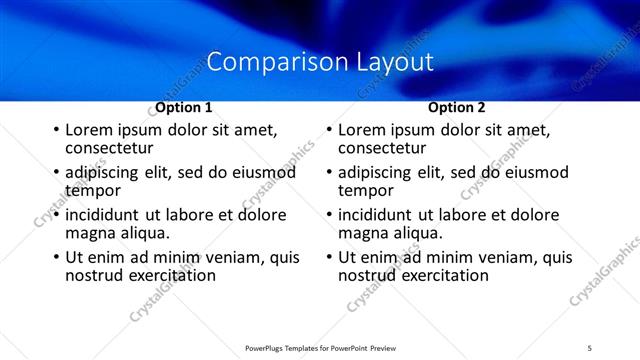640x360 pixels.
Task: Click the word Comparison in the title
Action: point(267,62)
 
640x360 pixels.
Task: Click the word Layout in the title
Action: point(394,62)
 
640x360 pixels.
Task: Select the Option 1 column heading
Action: point(183,107)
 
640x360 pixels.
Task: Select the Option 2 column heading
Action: point(456,107)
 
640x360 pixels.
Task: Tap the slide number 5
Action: point(590,348)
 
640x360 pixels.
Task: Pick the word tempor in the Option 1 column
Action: point(93,190)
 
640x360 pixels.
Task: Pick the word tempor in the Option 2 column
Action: point(366,190)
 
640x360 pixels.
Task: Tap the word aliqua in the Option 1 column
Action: point(141,232)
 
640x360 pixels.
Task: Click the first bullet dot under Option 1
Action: point(55,130)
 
